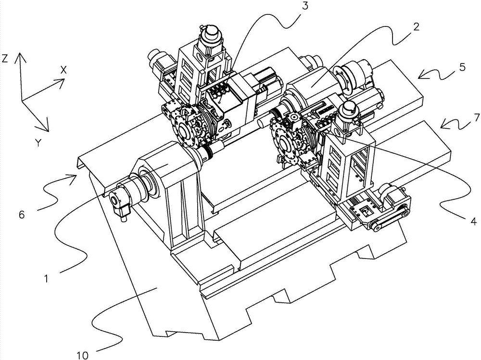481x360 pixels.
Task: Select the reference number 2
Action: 416,26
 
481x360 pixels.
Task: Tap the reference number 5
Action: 462,67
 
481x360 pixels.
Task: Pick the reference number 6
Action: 22,214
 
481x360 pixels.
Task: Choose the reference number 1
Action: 46,279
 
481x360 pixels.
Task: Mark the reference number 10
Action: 82,355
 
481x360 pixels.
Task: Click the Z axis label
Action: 4,58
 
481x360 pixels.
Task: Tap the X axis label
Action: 63,70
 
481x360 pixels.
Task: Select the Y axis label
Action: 38,142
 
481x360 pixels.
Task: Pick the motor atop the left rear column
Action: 209,38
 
